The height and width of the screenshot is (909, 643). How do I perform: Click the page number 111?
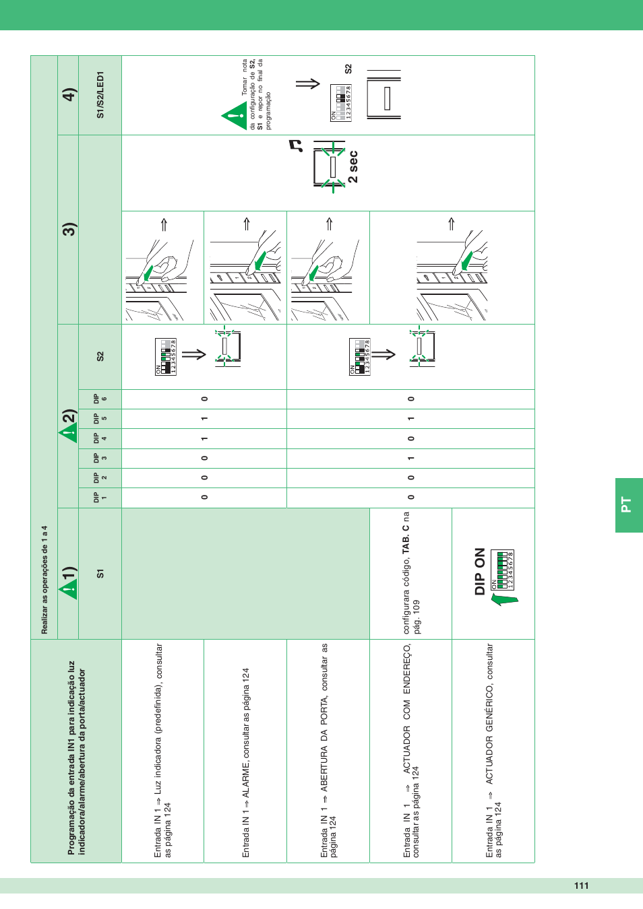[581, 885]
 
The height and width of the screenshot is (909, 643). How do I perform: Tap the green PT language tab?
[628, 505]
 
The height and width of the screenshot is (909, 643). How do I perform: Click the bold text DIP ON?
[480, 571]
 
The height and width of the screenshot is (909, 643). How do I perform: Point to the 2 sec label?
[353, 167]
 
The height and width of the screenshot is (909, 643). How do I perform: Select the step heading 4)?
[69, 94]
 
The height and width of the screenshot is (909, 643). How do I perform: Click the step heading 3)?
[69, 229]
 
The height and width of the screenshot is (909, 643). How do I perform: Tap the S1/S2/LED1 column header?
[100, 95]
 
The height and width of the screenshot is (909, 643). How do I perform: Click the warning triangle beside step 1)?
[68, 591]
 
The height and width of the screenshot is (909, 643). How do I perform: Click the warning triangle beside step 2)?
[68, 433]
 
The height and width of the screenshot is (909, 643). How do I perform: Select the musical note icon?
[295, 145]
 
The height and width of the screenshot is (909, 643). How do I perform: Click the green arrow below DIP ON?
[503, 599]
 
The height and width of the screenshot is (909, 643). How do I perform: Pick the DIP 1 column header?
[100, 498]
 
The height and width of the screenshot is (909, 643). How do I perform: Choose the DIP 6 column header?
[100, 399]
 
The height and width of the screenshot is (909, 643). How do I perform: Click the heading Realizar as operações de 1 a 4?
[44, 580]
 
